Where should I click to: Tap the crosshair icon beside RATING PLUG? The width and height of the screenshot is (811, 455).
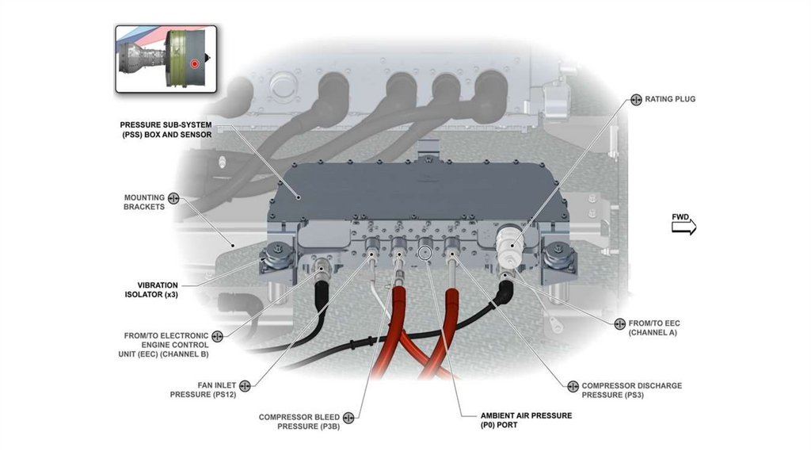point(636,100)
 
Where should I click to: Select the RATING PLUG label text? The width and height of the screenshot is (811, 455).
point(670,100)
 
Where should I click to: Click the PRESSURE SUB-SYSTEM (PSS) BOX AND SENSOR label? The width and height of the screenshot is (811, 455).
point(166,130)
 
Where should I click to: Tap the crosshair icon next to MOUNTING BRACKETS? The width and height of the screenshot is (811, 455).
point(173,198)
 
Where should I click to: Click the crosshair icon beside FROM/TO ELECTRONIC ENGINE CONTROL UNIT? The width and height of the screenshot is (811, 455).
point(217,336)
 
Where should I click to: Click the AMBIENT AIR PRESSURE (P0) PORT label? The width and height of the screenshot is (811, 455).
point(526,419)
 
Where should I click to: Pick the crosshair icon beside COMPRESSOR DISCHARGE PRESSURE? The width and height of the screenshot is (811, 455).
point(573,386)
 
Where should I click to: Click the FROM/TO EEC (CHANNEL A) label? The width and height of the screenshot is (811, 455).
point(653,327)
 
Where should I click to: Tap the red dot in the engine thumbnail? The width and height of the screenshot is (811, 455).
point(194,63)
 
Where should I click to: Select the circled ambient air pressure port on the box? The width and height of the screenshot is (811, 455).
point(425,252)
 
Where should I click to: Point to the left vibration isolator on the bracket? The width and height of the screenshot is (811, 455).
point(279,256)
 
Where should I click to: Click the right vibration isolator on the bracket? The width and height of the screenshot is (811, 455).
point(559,256)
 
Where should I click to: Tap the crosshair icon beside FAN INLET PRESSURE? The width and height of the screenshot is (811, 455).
point(245,385)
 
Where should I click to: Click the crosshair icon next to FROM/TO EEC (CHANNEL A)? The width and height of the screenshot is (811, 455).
point(619,323)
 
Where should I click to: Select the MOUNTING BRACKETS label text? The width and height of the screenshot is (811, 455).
point(143,202)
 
